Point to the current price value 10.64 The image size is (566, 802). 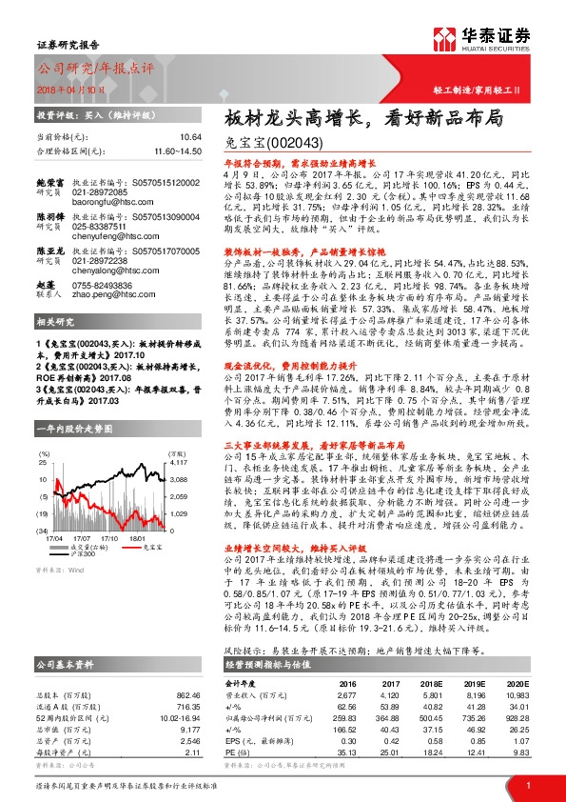[x=191, y=137]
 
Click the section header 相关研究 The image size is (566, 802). [x=55, y=322]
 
